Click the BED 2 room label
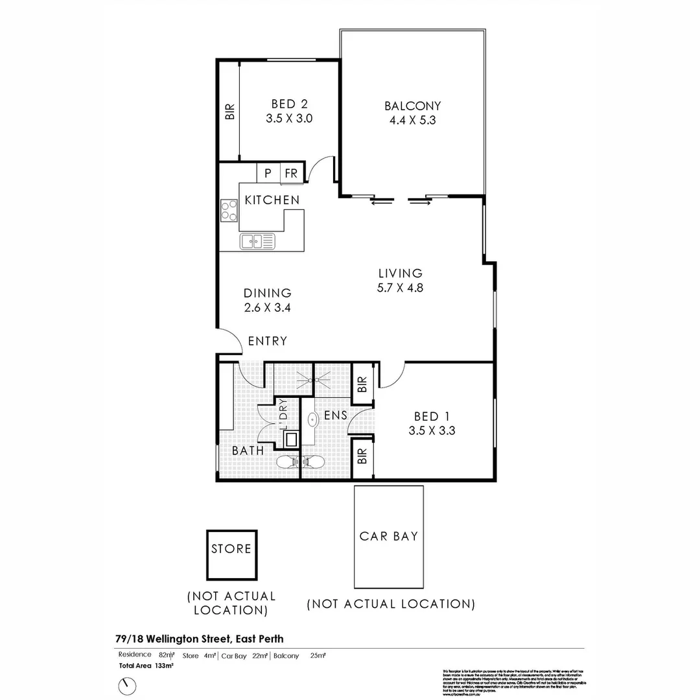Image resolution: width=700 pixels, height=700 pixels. (x=289, y=104)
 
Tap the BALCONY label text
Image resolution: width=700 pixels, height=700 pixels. (x=412, y=106)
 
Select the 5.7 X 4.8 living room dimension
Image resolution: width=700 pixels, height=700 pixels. (x=400, y=288)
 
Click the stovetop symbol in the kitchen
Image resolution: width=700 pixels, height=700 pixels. (x=229, y=209)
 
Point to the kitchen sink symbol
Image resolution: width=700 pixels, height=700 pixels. (x=257, y=241)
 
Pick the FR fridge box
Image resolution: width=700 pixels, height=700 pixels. (x=291, y=174)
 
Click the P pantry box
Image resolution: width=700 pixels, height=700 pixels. (x=268, y=174)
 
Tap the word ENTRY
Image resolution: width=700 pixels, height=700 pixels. (x=267, y=341)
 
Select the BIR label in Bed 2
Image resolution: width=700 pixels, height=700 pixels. (x=229, y=112)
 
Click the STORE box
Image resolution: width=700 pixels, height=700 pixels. (x=231, y=555)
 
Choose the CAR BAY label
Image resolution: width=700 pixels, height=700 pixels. (x=389, y=536)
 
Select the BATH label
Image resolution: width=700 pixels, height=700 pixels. (x=248, y=450)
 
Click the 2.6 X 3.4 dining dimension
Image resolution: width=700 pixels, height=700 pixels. (x=267, y=308)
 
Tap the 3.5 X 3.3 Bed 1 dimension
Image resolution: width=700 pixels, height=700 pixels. (x=432, y=430)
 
